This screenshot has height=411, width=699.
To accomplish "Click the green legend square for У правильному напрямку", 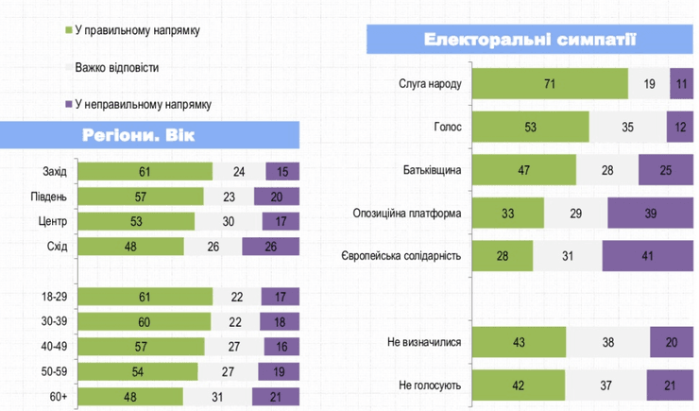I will (x=68, y=31).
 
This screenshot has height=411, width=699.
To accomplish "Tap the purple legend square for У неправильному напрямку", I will (x=68, y=104).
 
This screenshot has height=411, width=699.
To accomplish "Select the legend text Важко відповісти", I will (x=116, y=68).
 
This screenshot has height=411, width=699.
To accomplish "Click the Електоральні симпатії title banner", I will (x=529, y=41).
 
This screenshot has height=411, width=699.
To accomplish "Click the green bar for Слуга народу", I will (x=549, y=83).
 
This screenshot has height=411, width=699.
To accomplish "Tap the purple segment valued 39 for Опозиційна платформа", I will (x=650, y=213).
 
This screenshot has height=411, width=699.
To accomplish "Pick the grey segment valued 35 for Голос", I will (x=627, y=127).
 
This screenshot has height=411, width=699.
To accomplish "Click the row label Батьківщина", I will (x=433, y=170).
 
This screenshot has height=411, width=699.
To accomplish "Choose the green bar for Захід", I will (x=145, y=171).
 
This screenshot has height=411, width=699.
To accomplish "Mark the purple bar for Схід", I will (x=271, y=247).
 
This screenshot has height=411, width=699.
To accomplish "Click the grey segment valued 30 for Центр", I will (x=227, y=221).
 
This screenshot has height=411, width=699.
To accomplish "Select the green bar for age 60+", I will (x=130, y=395).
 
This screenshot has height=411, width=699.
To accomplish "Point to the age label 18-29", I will (x=54, y=296).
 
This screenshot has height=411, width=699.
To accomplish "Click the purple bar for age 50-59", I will (x=278, y=369).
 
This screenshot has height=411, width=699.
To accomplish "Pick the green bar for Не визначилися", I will (x=518, y=341).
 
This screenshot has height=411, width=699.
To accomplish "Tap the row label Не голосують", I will (x=431, y=385).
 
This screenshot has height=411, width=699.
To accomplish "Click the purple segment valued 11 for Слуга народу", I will (x=681, y=83).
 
